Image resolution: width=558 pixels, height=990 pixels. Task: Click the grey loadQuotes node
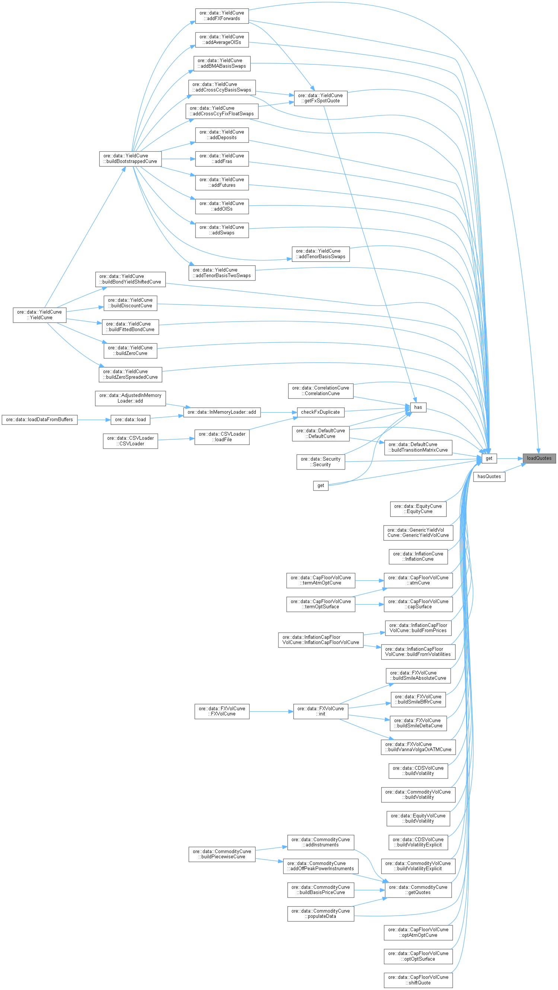539,458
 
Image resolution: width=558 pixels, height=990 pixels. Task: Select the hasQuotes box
489,477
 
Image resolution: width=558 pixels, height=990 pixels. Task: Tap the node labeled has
418,407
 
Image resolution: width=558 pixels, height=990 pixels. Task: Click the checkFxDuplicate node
321,412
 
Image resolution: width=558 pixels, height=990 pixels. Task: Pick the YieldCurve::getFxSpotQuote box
321,98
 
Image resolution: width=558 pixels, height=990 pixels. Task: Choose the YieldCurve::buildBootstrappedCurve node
130,159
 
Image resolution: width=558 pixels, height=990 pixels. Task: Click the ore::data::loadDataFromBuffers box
39,420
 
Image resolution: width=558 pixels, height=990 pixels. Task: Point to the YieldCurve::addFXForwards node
221,16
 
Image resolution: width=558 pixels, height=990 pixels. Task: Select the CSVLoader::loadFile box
221,437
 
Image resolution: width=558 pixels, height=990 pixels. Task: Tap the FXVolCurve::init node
321,711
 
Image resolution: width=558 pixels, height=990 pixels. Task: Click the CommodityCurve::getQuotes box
418,890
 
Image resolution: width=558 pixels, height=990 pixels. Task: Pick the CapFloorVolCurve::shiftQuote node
418,980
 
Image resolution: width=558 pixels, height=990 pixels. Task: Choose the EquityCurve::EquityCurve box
418,509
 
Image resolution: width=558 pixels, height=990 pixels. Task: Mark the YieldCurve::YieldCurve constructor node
39,315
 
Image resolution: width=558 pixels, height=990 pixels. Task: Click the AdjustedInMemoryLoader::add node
130,398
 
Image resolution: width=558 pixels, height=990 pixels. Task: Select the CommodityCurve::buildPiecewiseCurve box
221,854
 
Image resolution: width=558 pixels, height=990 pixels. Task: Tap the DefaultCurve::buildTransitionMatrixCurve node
418,447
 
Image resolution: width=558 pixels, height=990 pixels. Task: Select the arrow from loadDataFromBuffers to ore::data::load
94,420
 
